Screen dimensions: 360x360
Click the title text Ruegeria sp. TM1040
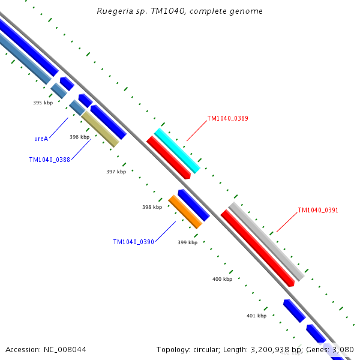pos(142,11)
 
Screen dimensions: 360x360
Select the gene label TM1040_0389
pos(227,119)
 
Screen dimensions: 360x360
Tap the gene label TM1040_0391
pos(318,211)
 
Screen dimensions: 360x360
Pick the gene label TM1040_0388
pos(49,160)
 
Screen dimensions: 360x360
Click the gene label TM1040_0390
pos(133,242)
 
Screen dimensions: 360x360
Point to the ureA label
pos(41,139)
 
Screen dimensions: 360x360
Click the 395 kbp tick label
pos(43,103)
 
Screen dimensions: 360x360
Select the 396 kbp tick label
pos(79,137)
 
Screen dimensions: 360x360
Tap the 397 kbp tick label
pos(116,172)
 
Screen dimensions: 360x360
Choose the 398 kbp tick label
pos(152,208)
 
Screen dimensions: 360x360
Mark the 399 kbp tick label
pos(187,243)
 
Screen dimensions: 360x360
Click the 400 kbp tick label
pos(222,280)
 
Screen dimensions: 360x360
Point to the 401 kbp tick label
pos(256,316)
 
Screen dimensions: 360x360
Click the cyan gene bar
pos(177,151)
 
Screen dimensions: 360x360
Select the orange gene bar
pos(185,212)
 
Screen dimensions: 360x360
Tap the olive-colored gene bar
pos(100,128)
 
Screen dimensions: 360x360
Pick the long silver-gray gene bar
pos(266,241)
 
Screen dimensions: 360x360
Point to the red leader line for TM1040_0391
pos(287,223)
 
